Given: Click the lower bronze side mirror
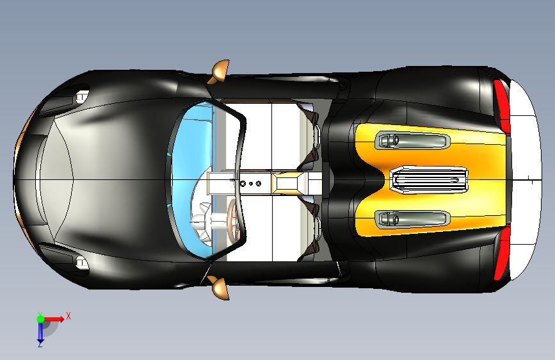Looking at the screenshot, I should pos(220,288).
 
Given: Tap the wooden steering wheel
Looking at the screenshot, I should pos(234,220).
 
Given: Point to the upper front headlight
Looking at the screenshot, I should pos(81,97).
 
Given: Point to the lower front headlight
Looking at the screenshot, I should pos(81,262).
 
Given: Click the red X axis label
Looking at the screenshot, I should pos(68,315).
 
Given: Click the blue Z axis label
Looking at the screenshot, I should pos(40,344).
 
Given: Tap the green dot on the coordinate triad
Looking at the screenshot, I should pos(40,318).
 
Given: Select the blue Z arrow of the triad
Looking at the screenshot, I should pos(40,331).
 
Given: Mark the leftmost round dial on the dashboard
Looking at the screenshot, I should pos(243,183).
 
